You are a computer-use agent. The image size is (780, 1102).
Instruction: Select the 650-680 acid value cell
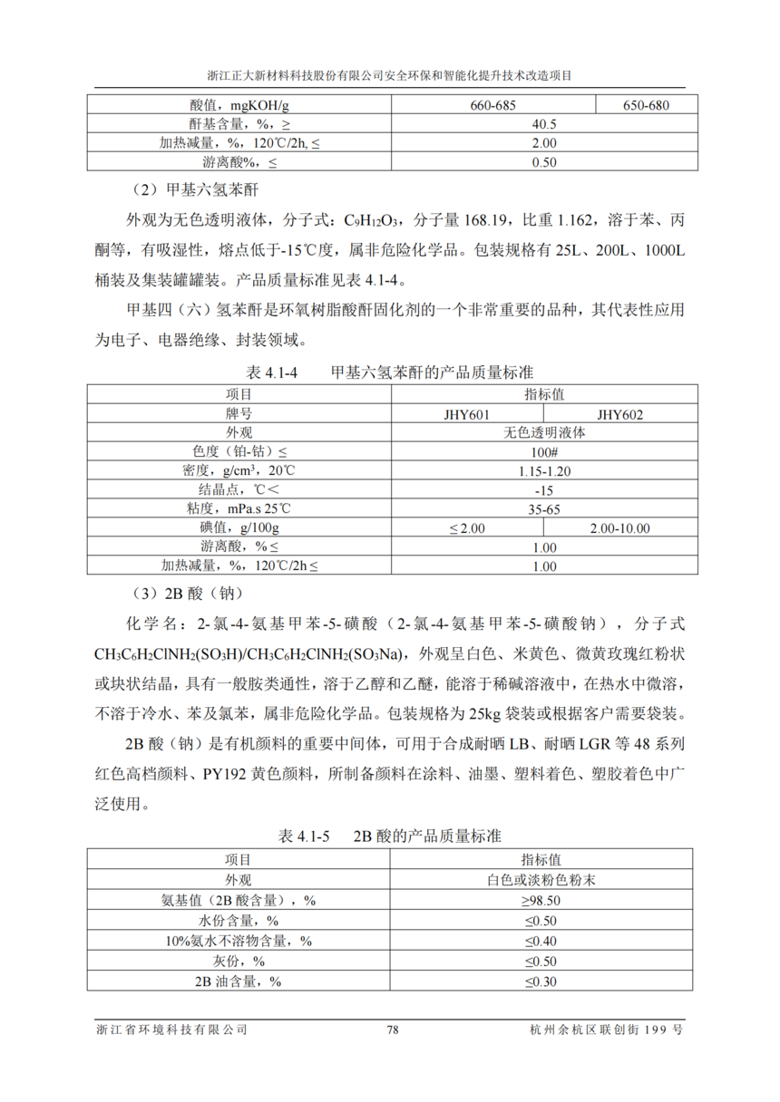(x=645, y=105)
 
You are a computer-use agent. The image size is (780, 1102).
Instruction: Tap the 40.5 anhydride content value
(x=543, y=124)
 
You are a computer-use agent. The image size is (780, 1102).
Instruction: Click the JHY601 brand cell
(x=466, y=414)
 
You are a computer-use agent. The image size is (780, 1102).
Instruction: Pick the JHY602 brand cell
(x=620, y=414)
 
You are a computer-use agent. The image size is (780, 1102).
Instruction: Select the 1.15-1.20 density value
(x=543, y=471)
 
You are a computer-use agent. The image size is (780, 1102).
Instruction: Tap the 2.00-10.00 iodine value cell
(x=620, y=528)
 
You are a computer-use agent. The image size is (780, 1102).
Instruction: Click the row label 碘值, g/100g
(x=239, y=528)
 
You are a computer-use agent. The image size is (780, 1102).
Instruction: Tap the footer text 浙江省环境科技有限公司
(x=171, y=1029)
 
